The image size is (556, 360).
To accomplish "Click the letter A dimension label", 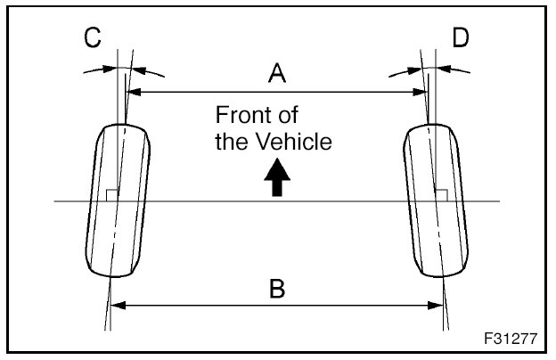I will click(x=277, y=75).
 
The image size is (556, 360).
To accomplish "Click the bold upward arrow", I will click(x=277, y=178).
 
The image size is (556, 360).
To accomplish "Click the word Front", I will click(x=245, y=116).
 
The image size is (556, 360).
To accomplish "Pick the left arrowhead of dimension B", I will click(x=115, y=306).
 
